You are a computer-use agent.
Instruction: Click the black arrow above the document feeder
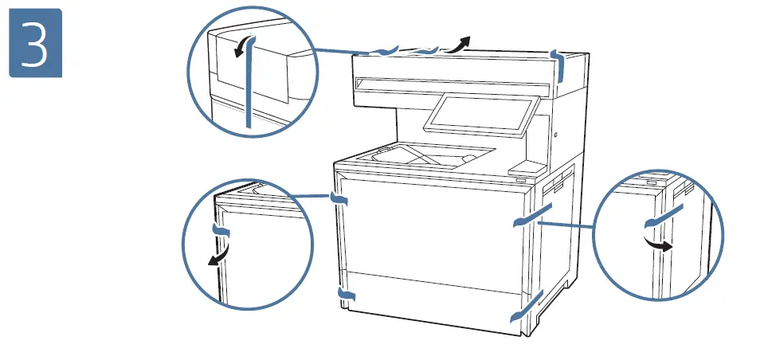click(x=459, y=44)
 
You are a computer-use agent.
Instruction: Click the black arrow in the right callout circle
click(x=657, y=244)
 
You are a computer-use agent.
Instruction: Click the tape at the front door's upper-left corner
click(x=340, y=199)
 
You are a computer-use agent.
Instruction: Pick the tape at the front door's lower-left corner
click(x=345, y=295)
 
